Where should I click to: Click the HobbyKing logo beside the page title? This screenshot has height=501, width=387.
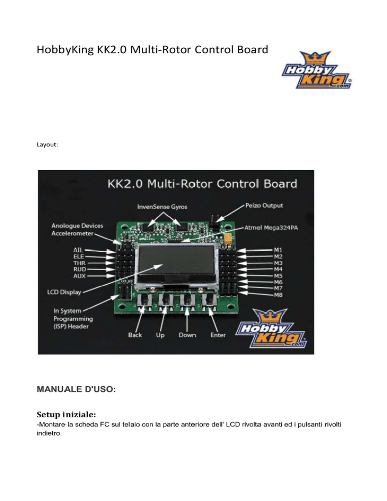316,70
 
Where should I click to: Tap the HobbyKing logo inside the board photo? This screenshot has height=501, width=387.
271,328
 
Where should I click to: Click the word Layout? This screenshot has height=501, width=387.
47,145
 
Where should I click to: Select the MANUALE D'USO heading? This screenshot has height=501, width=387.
77,389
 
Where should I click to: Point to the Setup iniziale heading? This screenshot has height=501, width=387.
66,414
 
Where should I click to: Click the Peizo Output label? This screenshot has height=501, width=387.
264,206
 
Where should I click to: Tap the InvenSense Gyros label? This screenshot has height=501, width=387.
162,207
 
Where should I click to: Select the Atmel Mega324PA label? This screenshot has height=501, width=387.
271,228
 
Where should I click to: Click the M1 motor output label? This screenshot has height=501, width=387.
278,250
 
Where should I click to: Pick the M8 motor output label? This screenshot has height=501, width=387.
278,295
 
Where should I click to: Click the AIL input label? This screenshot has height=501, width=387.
78,250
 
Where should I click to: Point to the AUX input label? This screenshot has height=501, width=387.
79,276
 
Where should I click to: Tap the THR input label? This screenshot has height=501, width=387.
79,263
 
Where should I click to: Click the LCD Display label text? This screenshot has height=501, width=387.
64,292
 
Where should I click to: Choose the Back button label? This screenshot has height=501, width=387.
135,335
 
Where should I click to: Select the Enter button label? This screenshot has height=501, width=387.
218,335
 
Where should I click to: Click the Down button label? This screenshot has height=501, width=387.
187,335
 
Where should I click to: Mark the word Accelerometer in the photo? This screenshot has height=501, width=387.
73,233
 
